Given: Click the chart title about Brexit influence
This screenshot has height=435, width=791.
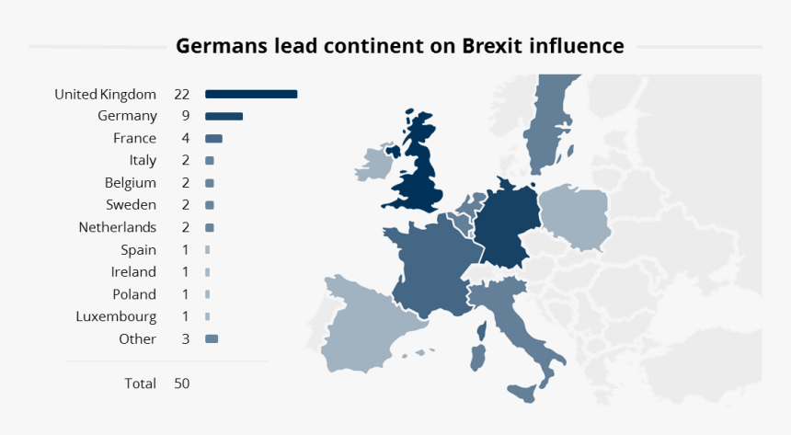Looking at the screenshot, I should (400, 46).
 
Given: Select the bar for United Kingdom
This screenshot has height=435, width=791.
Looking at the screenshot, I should (251, 94).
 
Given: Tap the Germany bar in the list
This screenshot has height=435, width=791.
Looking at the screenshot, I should (224, 116).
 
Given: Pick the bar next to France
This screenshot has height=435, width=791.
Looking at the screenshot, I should (213, 138).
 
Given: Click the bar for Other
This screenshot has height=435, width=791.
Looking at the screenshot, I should (212, 338).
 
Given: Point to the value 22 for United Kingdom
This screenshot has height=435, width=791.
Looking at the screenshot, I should (181, 94).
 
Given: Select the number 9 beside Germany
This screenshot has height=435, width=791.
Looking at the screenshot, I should (185, 116).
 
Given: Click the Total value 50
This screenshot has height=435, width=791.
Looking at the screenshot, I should (181, 383).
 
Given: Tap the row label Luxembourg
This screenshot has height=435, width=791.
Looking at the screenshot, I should (116, 316).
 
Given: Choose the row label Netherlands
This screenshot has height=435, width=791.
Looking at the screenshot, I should (118, 227).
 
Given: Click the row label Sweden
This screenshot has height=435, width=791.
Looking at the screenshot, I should (131, 205).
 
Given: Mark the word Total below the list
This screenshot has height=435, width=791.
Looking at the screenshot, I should (140, 383).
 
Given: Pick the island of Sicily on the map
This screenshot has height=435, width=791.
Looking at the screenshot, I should (523, 393).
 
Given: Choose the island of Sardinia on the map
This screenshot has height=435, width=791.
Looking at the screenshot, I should (477, 355).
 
